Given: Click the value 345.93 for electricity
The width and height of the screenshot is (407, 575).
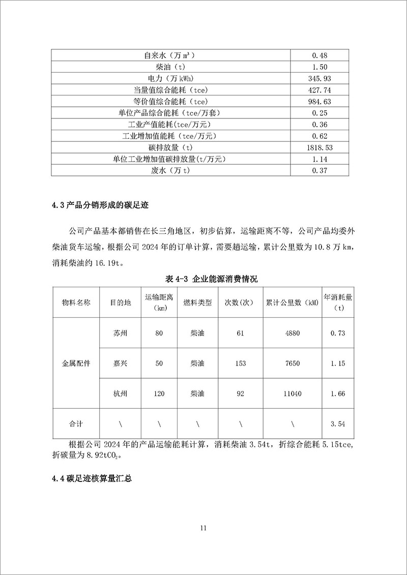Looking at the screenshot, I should pyautogui.click(x=319, y=78).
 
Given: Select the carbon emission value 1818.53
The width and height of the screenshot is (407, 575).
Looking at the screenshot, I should pyautogui.click(x=319, y=147).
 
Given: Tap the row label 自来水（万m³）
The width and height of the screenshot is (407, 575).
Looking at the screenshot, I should pyautogui.click(x=170, y=55).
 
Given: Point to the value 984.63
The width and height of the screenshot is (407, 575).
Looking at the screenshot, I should pyautogui.click(x=319, y=101).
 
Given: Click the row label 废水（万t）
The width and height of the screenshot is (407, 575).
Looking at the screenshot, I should pyautogui.click(x=170, y=170).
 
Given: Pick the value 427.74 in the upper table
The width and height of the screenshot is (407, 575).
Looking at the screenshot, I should pyautogui.click(x=319, y=89).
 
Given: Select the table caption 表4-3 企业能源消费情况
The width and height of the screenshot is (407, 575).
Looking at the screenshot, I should pyautogui.click(x=203, y=279).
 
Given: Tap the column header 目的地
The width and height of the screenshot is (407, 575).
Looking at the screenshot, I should pyautogui.click(x=121, y=302).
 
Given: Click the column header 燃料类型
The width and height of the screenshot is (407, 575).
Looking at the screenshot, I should pyautogui.click(x=197, y=302).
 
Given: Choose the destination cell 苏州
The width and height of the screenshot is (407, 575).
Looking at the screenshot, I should pyautogui.click(x=121, y=334).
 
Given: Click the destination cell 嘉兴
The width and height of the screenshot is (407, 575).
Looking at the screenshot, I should pyautogui.click(x=121, y=364).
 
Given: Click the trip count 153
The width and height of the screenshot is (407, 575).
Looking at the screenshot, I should pyautogui.click(x=241, y=364).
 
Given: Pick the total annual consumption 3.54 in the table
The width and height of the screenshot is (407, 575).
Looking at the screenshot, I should pyautogui.click(x=338, y=423).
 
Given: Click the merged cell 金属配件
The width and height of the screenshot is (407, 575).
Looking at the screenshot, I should pyautogui.click(x=76, y=364).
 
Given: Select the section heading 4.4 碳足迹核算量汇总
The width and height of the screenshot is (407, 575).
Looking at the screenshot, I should pyautogui.click(x=92, y=479).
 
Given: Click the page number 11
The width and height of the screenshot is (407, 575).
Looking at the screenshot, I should pyautogui.click(x=203, y=528).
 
